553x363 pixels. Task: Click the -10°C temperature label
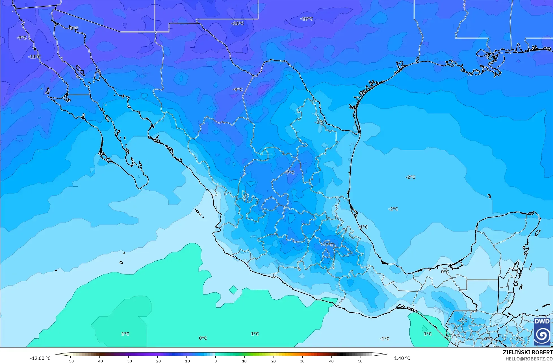pos(307,19)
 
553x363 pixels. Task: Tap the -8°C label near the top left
pos(73,28)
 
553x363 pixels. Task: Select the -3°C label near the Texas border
pos(320,122)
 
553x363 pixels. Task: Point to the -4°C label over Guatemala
pos(462,321)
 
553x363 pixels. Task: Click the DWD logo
pos(542,331)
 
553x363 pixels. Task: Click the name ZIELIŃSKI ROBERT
pos(528,353)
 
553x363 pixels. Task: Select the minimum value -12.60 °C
pos(40,358)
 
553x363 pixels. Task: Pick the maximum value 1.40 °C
pos(402,358)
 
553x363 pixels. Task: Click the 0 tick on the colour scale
pos(215,361)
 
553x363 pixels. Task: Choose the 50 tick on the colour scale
pos(360,361)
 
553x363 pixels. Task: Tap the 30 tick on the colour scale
pos(302,361)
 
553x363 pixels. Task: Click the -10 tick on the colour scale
pos(186,361)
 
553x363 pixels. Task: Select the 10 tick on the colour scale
pos(244,361)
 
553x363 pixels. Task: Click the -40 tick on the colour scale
pos(99,361)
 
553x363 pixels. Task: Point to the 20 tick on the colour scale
pos(273,361)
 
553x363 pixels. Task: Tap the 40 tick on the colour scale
pos(331,361)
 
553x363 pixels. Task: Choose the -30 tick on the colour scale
pos(128,361)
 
